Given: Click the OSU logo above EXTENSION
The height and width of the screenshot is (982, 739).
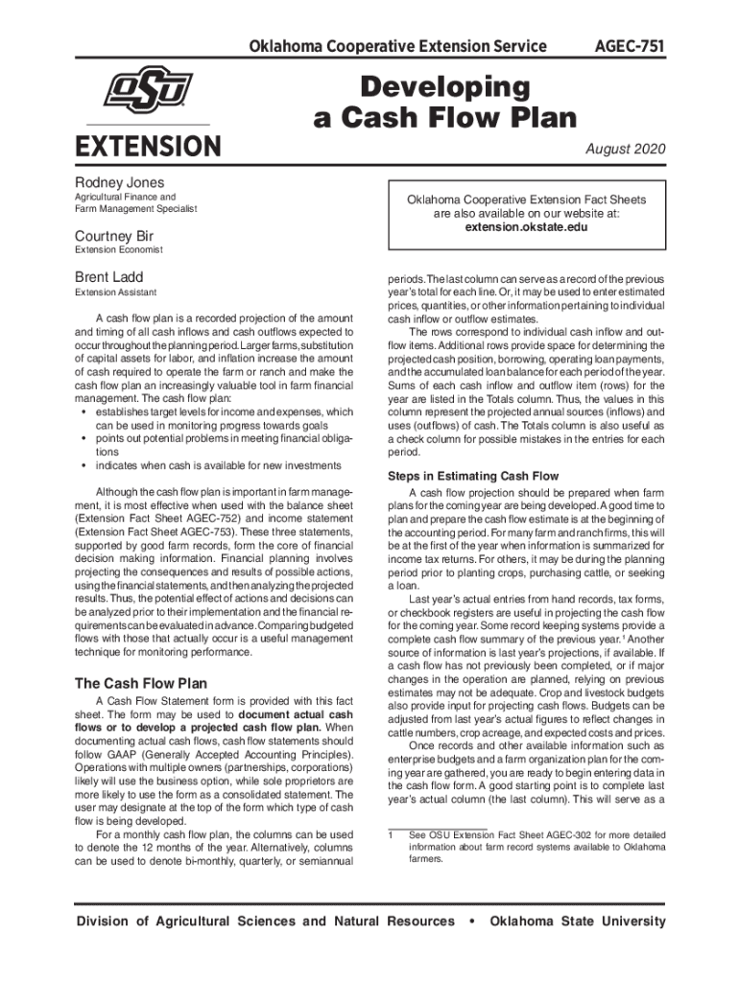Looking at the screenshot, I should (148, 91).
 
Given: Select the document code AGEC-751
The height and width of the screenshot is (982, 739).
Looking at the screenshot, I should (631, 46).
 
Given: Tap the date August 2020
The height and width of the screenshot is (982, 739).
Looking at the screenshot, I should (626, 150).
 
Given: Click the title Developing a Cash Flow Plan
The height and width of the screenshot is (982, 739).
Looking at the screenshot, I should (445, 103).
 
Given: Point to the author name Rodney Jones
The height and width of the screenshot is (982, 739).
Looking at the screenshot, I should (119, 182).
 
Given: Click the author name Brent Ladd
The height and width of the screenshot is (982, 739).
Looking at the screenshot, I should (108, 278).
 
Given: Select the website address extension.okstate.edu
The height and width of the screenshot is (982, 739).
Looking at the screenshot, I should (526, 228).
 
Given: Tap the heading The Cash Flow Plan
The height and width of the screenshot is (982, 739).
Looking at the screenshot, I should (140, 684).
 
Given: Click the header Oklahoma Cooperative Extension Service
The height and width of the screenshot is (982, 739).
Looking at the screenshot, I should (397, 46).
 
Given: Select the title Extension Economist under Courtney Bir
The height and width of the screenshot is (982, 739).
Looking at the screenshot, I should (118, 250).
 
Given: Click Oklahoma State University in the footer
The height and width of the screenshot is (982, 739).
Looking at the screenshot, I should (577, 922).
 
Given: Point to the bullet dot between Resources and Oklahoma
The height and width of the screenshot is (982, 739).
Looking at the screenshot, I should (471, 922).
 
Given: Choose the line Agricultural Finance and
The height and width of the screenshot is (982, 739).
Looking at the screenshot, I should (125, 197).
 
